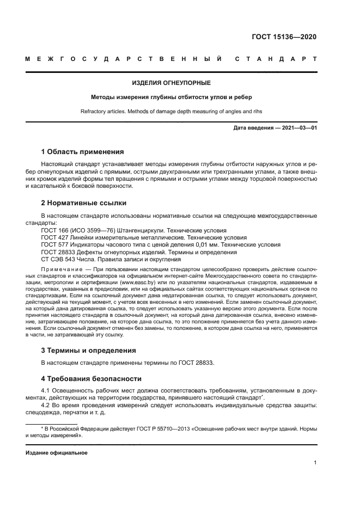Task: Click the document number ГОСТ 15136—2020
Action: point(283,37)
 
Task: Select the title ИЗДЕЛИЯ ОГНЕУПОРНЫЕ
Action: point(172,83)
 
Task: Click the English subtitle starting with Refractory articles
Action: point(172,112)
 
